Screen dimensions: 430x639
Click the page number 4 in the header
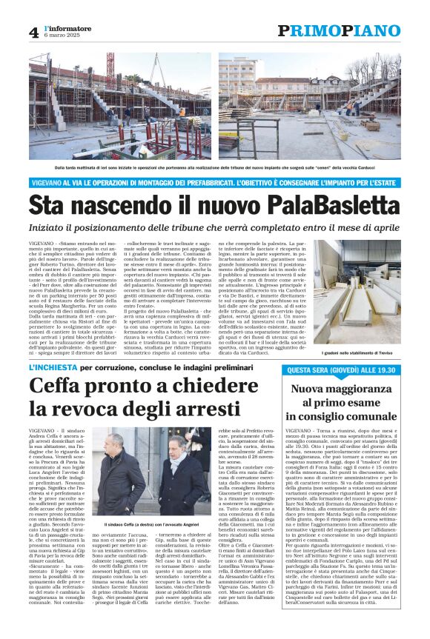click(x=34, y=33)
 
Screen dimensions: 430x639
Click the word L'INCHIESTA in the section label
click(x=53, y=367)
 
